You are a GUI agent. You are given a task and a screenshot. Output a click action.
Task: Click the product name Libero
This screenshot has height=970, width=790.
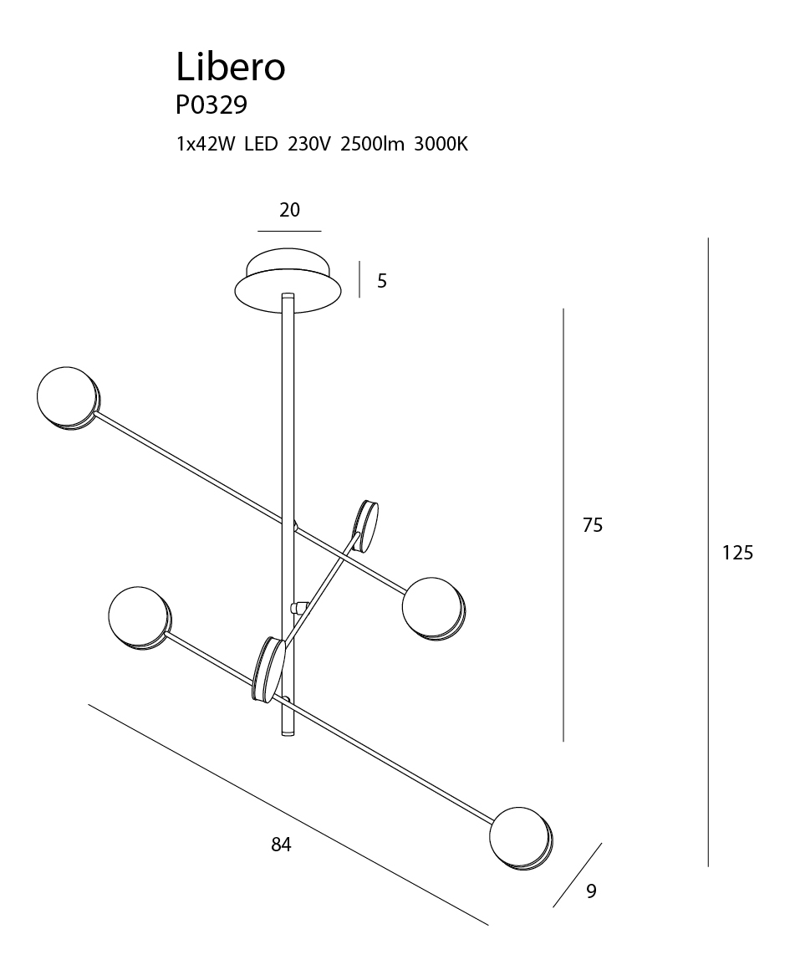click(x=231, y=66)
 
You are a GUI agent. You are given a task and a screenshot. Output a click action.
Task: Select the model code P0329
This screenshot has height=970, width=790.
click(x=212, y=105)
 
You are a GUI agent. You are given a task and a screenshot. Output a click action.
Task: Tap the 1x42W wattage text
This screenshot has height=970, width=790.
click(x=206, y=145)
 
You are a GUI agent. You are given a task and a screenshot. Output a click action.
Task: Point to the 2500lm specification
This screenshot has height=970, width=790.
click(x=372, y=145)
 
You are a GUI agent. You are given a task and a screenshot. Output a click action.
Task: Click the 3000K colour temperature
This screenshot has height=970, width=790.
click(x=441, y=145)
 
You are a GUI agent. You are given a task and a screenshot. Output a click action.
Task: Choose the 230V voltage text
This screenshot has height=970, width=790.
click(x=309, y=145)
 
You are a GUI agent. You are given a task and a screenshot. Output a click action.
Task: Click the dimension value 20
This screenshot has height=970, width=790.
click(x=289, y=211)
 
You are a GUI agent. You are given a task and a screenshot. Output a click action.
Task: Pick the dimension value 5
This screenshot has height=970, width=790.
click(x=382, y=282)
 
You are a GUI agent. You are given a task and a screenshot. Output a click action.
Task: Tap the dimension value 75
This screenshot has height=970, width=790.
click(x=593, y=525)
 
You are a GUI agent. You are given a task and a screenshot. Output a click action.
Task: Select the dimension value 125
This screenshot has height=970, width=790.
click(x=738, y=553)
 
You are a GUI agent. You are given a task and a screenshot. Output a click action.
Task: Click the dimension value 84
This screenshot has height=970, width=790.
click(x=281, y=845)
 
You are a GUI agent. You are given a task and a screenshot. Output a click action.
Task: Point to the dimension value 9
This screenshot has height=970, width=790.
click(x=591, y=891)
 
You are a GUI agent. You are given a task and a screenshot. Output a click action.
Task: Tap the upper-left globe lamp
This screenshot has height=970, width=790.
click(x=68, y=398)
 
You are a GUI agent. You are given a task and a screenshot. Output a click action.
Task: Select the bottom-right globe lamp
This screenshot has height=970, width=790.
click(x=521, y=839)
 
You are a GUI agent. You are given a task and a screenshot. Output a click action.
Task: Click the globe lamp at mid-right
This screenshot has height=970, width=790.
click(x=433, y=608)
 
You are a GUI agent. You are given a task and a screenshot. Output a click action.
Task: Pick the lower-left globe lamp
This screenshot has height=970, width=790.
click(x=140, y=618)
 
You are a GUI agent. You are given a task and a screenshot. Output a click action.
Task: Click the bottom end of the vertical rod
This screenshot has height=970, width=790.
click(x=288, y=735)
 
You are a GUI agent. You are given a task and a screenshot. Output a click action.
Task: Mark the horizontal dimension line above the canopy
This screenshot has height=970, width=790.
click(x=289, y=231)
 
